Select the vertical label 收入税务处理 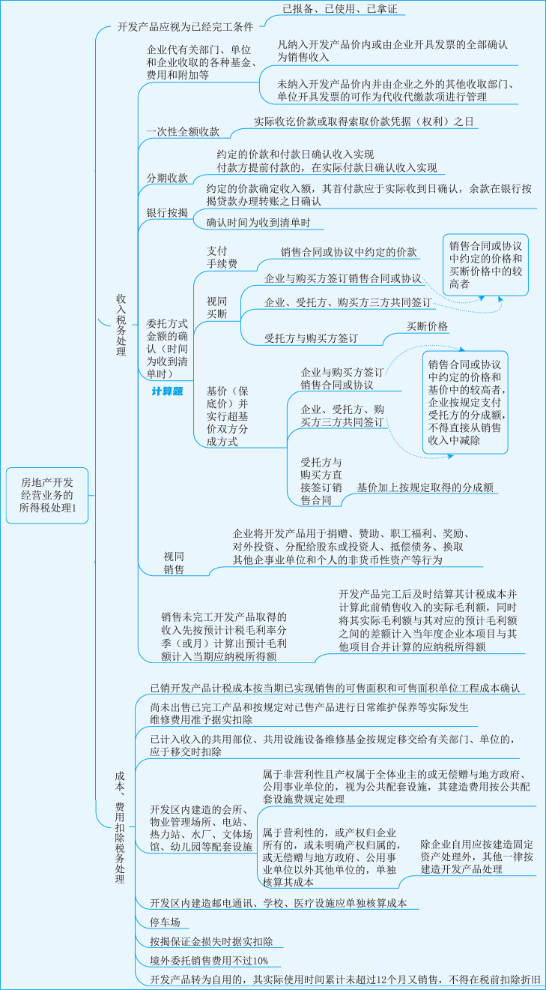[121, 325]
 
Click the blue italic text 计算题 [167, 391]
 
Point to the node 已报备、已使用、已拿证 [339, 10]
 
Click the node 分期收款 [167, 178]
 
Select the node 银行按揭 [167, 213]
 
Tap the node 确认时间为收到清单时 [264, 223]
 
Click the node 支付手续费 [222, 257]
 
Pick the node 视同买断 [216, 307]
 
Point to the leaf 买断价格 [428, 326]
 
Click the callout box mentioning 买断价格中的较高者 [485, 265]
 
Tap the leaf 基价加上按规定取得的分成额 [425, 487]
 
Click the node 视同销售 [174, 562]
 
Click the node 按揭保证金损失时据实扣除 [211, 941]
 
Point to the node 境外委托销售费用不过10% [209, 960]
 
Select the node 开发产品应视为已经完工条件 [185, 26]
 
